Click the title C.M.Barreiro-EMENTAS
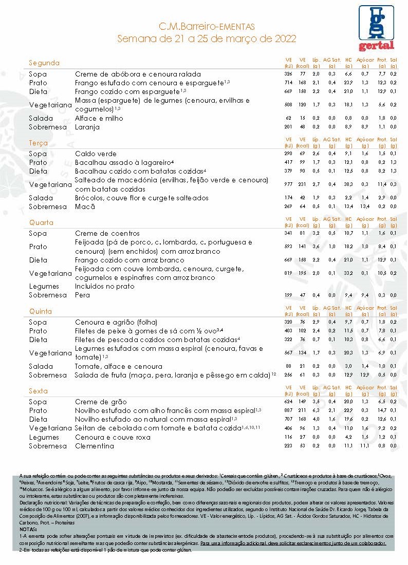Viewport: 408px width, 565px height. tap(207, 27)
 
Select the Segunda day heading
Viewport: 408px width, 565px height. tap(44, 63)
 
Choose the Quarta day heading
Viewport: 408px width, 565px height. tap(41, 223)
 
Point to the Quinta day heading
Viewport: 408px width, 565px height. tap(41, 311)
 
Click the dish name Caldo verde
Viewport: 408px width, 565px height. tap(96, 154)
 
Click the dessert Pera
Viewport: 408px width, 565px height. tap(82, 295)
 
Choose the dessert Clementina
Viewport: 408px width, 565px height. tap(95, 446)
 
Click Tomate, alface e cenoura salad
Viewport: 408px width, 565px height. tap(119, 366)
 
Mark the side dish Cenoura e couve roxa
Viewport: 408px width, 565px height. tap(113, 437)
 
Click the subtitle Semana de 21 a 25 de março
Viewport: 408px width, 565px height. tap(207, 39)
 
